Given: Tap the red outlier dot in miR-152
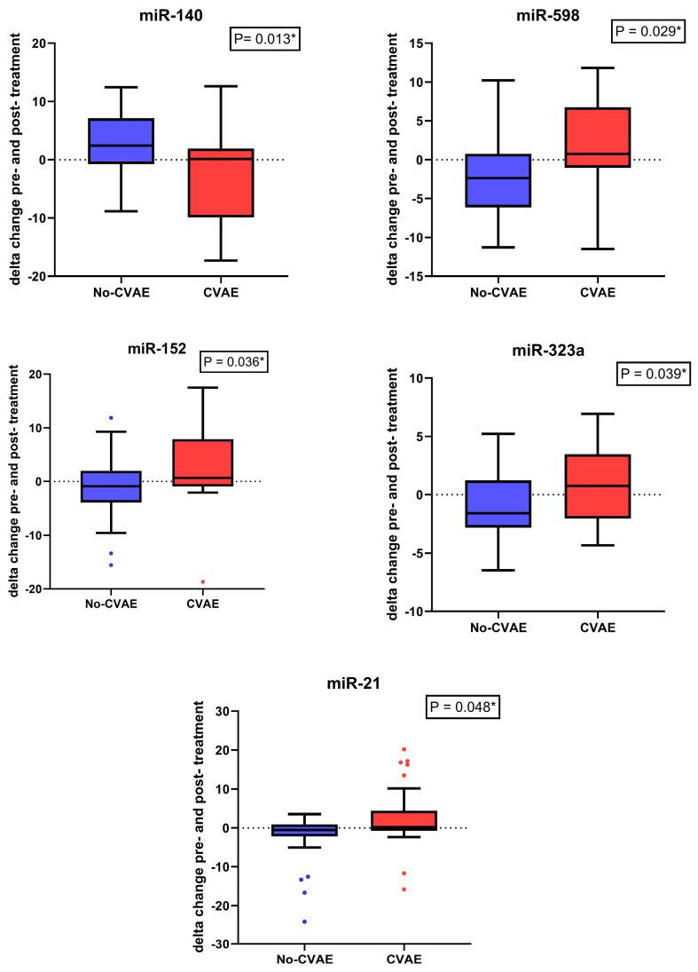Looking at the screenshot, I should [x=203, y=581].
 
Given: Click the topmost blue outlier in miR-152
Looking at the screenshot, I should [x=111, y=417].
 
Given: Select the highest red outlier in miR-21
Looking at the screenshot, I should [x=404, y=749].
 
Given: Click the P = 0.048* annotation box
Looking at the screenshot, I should [x=463, y=707].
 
